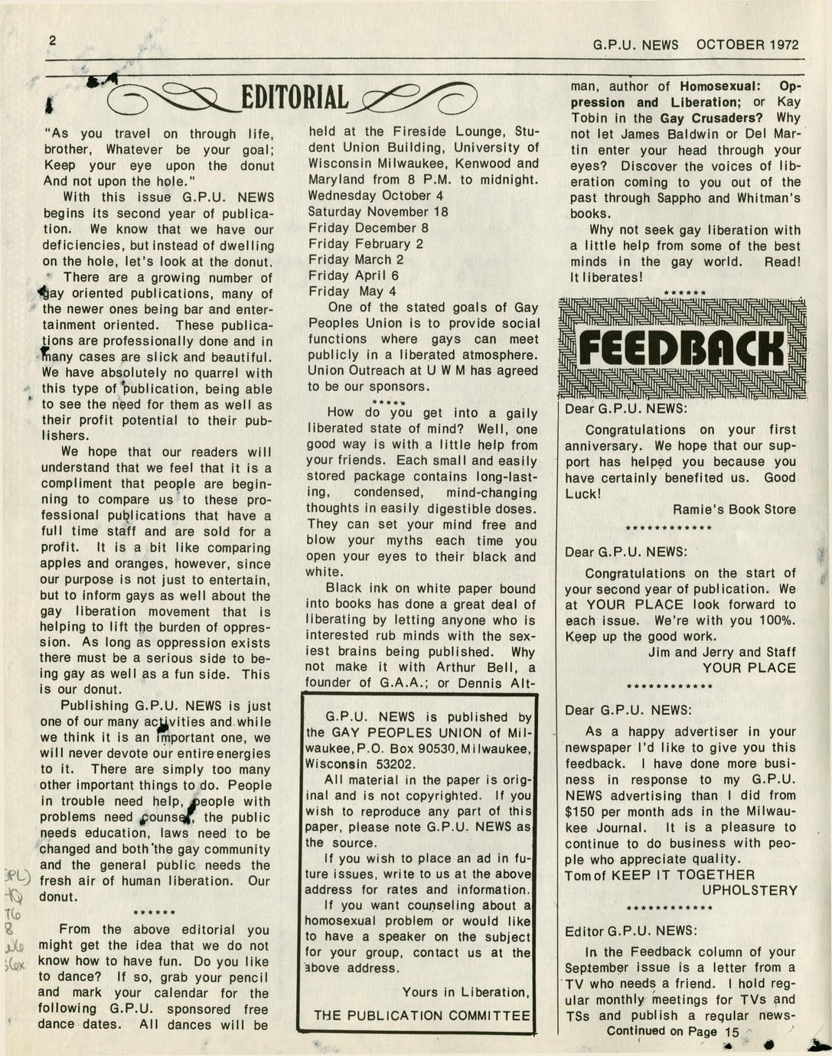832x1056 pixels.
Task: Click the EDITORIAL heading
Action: coord(295,98)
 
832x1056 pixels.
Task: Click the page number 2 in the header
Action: coord(52,41)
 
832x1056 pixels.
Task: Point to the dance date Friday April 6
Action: coord(354,275)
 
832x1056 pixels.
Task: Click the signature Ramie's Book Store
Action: coord(734,510)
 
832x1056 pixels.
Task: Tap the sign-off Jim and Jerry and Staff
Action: coord(722,652)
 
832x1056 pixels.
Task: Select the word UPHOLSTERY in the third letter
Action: coord(749,891)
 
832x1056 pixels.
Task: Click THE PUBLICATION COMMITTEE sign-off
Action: coord(422,1015)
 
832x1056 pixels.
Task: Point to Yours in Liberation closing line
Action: coord(465,992)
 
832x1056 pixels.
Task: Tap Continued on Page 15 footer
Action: coord(673,1032)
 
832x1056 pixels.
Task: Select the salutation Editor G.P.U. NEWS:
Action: coord(631,931)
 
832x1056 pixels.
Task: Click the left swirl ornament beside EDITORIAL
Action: coord(172,97)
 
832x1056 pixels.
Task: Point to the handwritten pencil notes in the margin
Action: coord(15,918)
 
